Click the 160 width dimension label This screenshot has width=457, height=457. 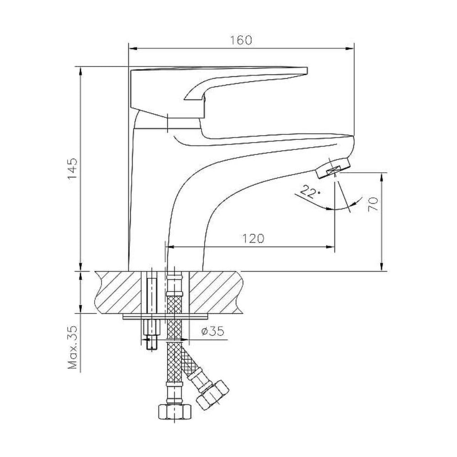(x=241, y=40)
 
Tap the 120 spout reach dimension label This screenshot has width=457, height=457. (x=253, y=239)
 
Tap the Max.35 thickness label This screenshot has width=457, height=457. (x=73, y=347)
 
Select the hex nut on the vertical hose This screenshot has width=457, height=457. (x=174, y=411)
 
